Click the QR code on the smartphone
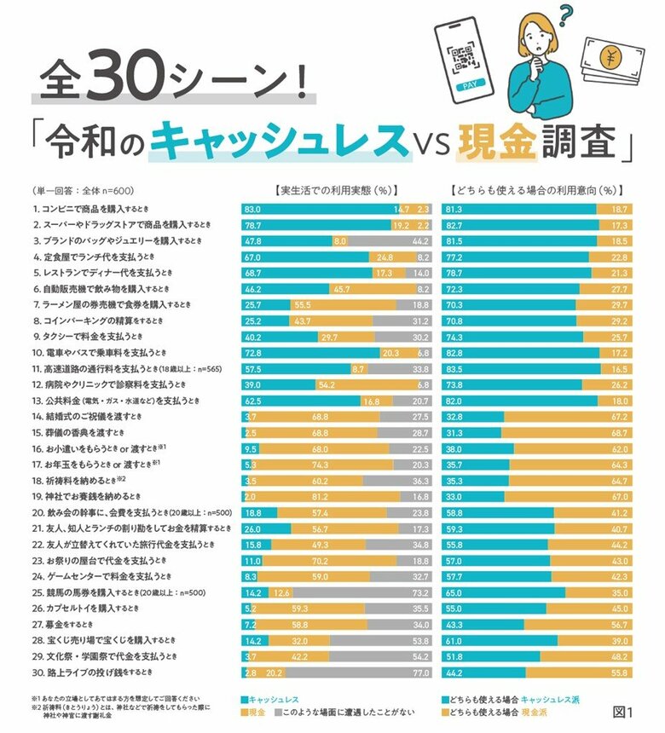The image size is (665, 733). coord(465,59)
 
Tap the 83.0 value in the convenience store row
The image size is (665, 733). coord(253,209)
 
